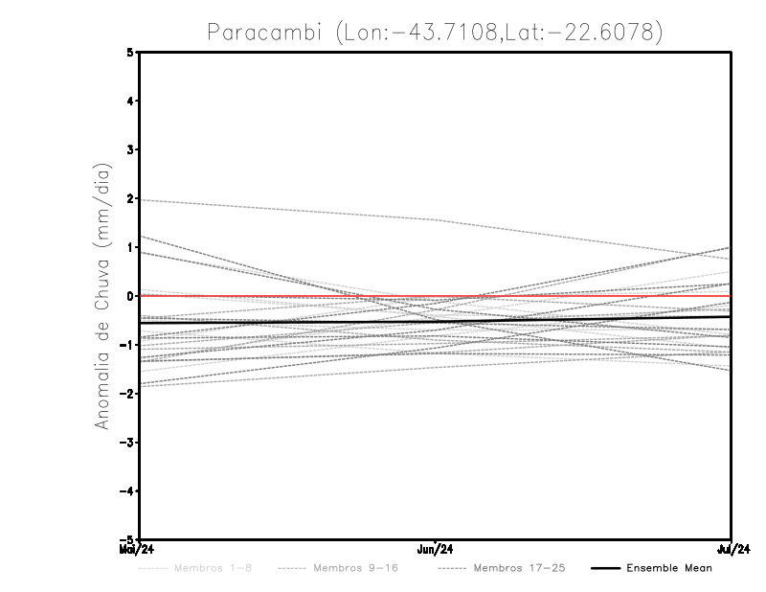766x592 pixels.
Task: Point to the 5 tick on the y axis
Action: click(x=131, y=52)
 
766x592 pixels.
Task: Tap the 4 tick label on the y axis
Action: click(x=131, y=101)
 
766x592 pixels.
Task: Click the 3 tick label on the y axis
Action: click(x=131, y=149)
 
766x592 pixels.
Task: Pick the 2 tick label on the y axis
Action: click(x=131, y=198)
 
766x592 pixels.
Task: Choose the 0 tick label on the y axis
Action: click(x=131, y=296)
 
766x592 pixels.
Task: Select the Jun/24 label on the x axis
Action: click(x=436, y=549)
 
